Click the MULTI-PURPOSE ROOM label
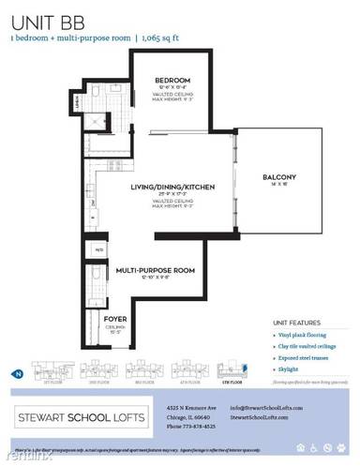coord(155,270)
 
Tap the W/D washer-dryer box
coord(99,250)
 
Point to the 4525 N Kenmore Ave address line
coord(207,408)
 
